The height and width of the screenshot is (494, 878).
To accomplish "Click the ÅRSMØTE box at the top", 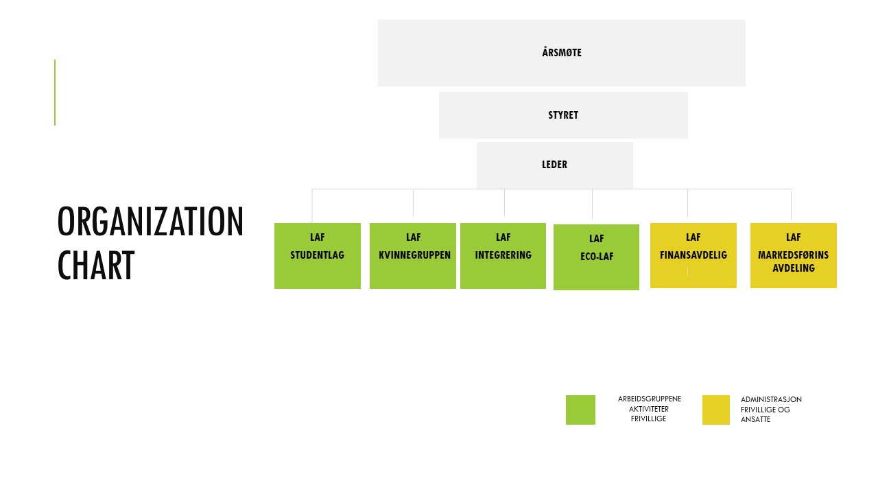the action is pyautogui.click(x=561, y=53).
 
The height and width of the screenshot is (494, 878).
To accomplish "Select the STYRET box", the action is pyautogui.click(x=563, y=115).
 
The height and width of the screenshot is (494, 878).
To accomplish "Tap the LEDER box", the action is pyautogui.click(x=555, y=165).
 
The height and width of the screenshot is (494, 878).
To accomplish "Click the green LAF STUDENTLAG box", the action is pyautogui.click(x=318, y=256).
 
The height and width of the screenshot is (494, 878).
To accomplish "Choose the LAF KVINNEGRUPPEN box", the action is pyautogui.click(x=413, y=256).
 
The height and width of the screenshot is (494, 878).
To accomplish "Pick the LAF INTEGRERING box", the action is pyautogui.click(x=503, y=256).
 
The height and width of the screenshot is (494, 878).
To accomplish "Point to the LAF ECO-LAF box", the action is pyautogui.click(x=596, y=257).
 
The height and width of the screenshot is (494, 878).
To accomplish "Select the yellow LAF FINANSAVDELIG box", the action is pyautogui.click(x=693, y=255).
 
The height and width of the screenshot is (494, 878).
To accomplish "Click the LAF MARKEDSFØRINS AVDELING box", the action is pyautogui.click(x=794, y=255).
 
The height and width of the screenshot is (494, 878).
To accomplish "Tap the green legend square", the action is pyautogui.click(x=580, y=410).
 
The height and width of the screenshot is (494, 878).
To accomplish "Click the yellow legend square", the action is pyautogui.click(x=716, y=410).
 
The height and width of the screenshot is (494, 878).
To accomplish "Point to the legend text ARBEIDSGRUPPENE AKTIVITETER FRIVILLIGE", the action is pyautogui.click(x=649, y=408).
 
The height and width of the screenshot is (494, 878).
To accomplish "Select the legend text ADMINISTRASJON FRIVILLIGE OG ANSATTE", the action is pyautogui.click(x=771, y=410).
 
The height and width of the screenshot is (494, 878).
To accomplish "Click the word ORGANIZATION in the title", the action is pyautogui.click(x=150, y=222).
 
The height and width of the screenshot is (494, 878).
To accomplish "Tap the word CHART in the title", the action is pyautogui.click(x=96, y=266).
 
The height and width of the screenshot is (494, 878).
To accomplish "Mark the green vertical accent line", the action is pyautogui.click(x=55, y=93).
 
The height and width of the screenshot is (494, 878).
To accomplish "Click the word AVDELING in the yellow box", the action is pyautogui.click(x=794, y=268).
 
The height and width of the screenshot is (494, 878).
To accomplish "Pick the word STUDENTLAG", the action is pyautogui.click(x=317, y=255).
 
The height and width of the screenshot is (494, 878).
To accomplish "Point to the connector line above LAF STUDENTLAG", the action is pyautogui.click(x=312, y=206).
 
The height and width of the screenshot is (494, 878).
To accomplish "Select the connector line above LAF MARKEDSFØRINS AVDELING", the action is pyautogui.click(x=791, y=204).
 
